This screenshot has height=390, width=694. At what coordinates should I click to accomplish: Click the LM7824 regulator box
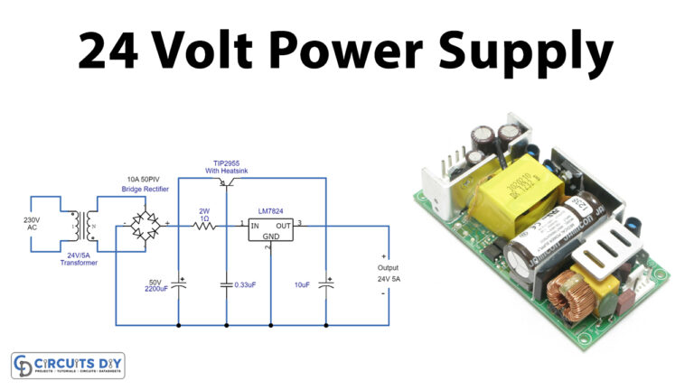point(271,230)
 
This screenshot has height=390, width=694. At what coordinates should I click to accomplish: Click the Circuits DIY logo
point(68,366)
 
